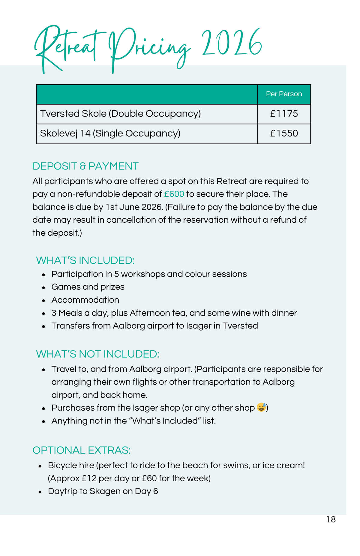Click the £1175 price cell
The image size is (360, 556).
tap(284, 114)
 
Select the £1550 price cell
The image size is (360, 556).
tap(284, 133)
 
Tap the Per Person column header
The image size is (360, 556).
tap(284, 94)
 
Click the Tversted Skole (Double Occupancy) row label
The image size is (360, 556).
tap(120, 114)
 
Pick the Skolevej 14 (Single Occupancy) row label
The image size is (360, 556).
tap(110, 133)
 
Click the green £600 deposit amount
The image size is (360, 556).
tap(174, 194)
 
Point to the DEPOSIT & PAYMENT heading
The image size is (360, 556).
tap(85, 166)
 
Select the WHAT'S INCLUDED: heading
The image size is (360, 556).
tap(85, 260)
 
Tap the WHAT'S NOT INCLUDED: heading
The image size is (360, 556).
tap(97, 354)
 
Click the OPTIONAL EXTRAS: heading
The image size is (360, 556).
tap(82, 450)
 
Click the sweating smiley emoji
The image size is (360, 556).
tap(261, 407)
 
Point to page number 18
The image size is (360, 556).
tap(331, 519)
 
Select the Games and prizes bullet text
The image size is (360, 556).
tap(88, 287)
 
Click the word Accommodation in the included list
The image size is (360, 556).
tap(85, 300)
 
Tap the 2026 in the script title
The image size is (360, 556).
tap(232, 43)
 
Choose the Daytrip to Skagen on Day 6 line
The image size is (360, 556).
tap(103, 491)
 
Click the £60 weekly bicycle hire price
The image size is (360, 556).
tap(149, 478)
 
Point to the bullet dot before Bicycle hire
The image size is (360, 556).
tap(40, 466)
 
